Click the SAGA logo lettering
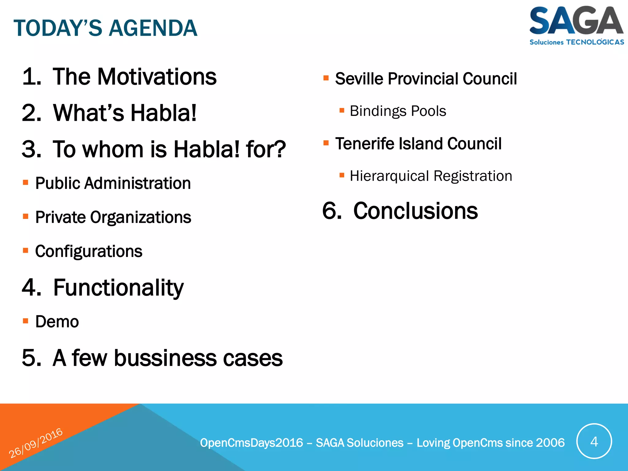pos(576,21)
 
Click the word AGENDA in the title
pos(153,28)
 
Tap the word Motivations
pos(157,77)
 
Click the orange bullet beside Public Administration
pos(26,183)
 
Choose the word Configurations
pos(89,251)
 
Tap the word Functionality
pos(118,288)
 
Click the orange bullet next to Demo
pos(26,321)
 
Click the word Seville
pos(359,79)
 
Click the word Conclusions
pos(415,211)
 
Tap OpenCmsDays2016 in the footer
pos(251,443)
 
